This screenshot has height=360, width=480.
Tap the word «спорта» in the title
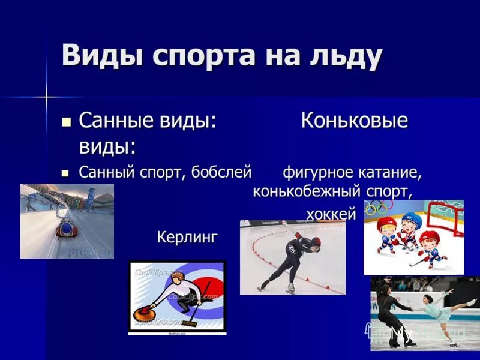[193, 56]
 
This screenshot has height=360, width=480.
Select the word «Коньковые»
[354, 121]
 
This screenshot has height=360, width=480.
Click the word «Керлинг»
[187, 237]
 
